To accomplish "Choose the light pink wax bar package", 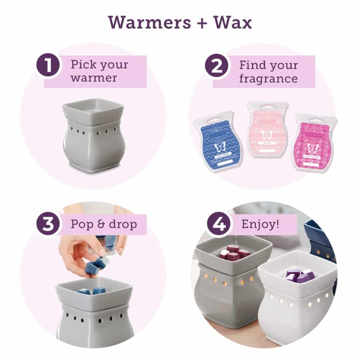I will (x=267, y=128).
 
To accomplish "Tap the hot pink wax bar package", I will (x=314, y=142).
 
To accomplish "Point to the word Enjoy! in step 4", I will (x=260, y=224).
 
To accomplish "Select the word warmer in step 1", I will (x=94, y=78).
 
